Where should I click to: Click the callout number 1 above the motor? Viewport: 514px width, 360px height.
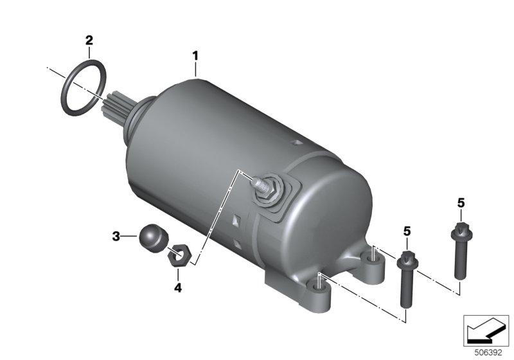pyautogui.click(x=195, y=56)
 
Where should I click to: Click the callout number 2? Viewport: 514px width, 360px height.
pyautogui.click(x=89, y=40)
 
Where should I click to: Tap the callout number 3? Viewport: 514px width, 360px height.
pyautogui.click(x=116, y=236)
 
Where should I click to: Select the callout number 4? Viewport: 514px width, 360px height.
pyautogui.click(x=178, y=288)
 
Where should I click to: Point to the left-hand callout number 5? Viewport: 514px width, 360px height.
pyautogui.click(x=407, y=231)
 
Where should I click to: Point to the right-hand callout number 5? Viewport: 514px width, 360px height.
pyautogui.click(x=461, y=203)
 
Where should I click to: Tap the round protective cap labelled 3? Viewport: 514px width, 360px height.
pyautogui.click(x=154, y=238)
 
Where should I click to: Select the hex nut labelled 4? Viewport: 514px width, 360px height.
pyautogui.click(x=179, y=255)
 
